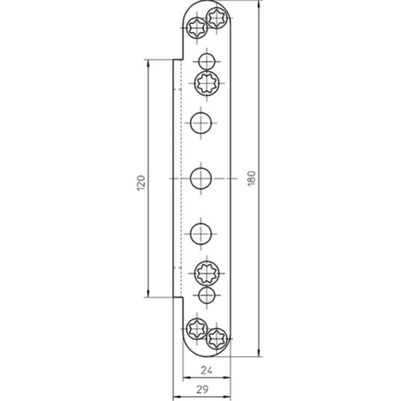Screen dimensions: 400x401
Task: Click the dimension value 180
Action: pos(252,178)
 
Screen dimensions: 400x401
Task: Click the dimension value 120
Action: pos(141,183)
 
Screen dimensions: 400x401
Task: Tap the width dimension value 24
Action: pos(206,371)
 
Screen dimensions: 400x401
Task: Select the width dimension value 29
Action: pos(202,389)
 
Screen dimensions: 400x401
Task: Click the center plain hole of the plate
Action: pos(200,178)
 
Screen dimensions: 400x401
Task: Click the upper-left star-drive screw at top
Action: pos(196,28)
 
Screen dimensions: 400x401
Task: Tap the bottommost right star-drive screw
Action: pos(216,338)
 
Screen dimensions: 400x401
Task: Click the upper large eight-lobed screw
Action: pos(207,83)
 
